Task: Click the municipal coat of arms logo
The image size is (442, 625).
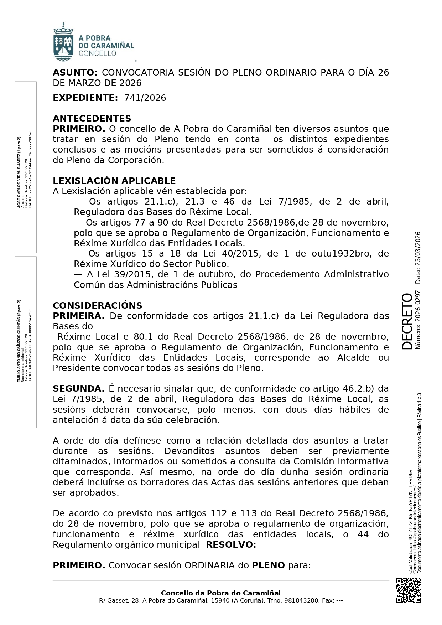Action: (63, 42)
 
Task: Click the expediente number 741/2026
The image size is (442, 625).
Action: (145, 98)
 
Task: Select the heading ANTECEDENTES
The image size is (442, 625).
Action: (92, 118)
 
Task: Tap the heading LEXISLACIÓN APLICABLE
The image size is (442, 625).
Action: (114, 181)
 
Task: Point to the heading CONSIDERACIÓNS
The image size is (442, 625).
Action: (97, 305)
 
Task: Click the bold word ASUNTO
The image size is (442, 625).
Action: (75, 73)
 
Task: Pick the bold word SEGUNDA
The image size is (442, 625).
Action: (78, 388)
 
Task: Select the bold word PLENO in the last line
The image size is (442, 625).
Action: (268, 565)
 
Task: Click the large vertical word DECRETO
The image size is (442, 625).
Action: (406, 321)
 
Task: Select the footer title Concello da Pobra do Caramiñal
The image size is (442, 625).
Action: (221, 593)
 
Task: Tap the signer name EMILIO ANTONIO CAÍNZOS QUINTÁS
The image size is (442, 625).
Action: (19, 342)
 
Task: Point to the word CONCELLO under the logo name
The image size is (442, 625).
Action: (97, 53)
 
